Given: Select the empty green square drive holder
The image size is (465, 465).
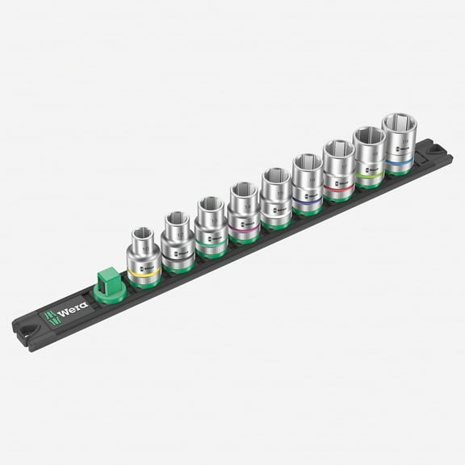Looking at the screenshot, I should click(108, 285).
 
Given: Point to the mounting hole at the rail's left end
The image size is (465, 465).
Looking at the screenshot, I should click(28, 331).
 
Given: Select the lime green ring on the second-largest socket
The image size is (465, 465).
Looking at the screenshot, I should click(369, 172).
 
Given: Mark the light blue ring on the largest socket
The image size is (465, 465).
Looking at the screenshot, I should click(399, 159).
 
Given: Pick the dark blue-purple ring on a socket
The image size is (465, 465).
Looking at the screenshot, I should click(308, 200).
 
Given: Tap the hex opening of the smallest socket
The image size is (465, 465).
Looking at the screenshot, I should click(143, 233).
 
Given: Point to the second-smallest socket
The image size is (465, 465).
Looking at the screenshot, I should click(177, 240).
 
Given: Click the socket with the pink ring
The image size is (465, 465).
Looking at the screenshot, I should click(242, 212).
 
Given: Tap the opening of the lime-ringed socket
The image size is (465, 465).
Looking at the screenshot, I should click(368, 136).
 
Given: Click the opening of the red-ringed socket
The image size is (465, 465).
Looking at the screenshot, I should click(337, 149).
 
